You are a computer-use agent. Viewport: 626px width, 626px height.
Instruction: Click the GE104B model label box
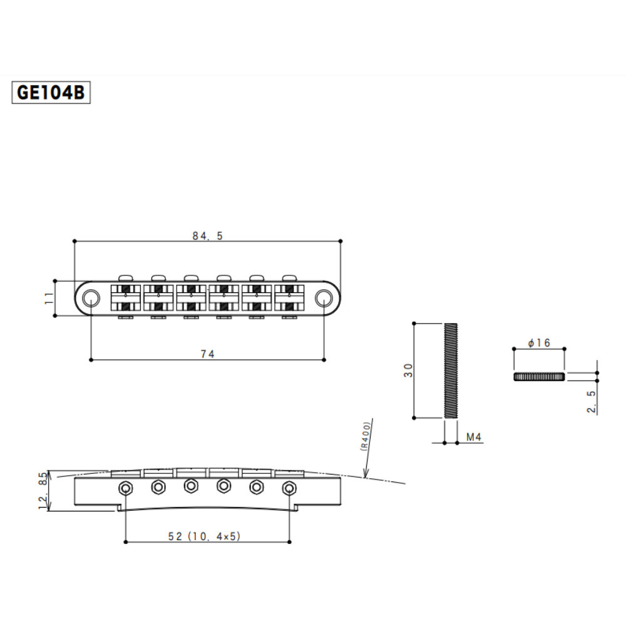[x=51, y=93]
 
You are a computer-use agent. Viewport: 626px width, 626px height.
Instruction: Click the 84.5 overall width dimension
[x=207, y=236]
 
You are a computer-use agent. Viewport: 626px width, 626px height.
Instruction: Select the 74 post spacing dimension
[x=208, y=354]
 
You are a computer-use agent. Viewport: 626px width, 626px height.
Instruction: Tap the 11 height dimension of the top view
[x=49, y=298]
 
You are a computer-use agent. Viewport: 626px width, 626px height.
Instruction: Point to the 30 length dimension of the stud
[x=408, y=370]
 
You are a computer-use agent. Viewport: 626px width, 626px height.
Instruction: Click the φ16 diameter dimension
[x=538, y=343]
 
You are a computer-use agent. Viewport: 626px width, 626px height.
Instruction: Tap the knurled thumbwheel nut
[x=538, y=376]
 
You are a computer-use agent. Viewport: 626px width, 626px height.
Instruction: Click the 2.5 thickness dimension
[x=591, y=401]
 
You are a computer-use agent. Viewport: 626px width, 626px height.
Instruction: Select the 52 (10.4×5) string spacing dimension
[x=208, y=536]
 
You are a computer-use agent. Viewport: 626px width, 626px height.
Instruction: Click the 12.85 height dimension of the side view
[x=43, y=491]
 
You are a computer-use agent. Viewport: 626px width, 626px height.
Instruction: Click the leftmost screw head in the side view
[x=127, y=487]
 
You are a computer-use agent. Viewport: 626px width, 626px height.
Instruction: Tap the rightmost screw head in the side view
[x=289, y=487]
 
